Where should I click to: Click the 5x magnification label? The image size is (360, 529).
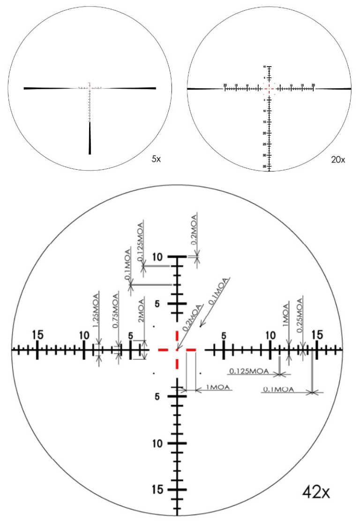click(x=156, y=159)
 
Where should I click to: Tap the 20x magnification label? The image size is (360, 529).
click(x=337, y=160)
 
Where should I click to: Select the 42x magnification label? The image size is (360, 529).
click(x=317, y=493)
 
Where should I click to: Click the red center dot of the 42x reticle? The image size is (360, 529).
click(x=177, y=349)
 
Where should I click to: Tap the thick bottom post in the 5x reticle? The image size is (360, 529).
click(x=90, y=138)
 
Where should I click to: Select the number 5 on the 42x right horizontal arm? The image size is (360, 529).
click(x=224, y=335)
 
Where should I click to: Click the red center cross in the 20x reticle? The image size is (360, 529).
click(x=269, y=88)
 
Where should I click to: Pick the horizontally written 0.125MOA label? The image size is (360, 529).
click(x=248, y=371)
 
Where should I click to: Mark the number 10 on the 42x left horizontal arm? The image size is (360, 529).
click(x=84, y=335)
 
